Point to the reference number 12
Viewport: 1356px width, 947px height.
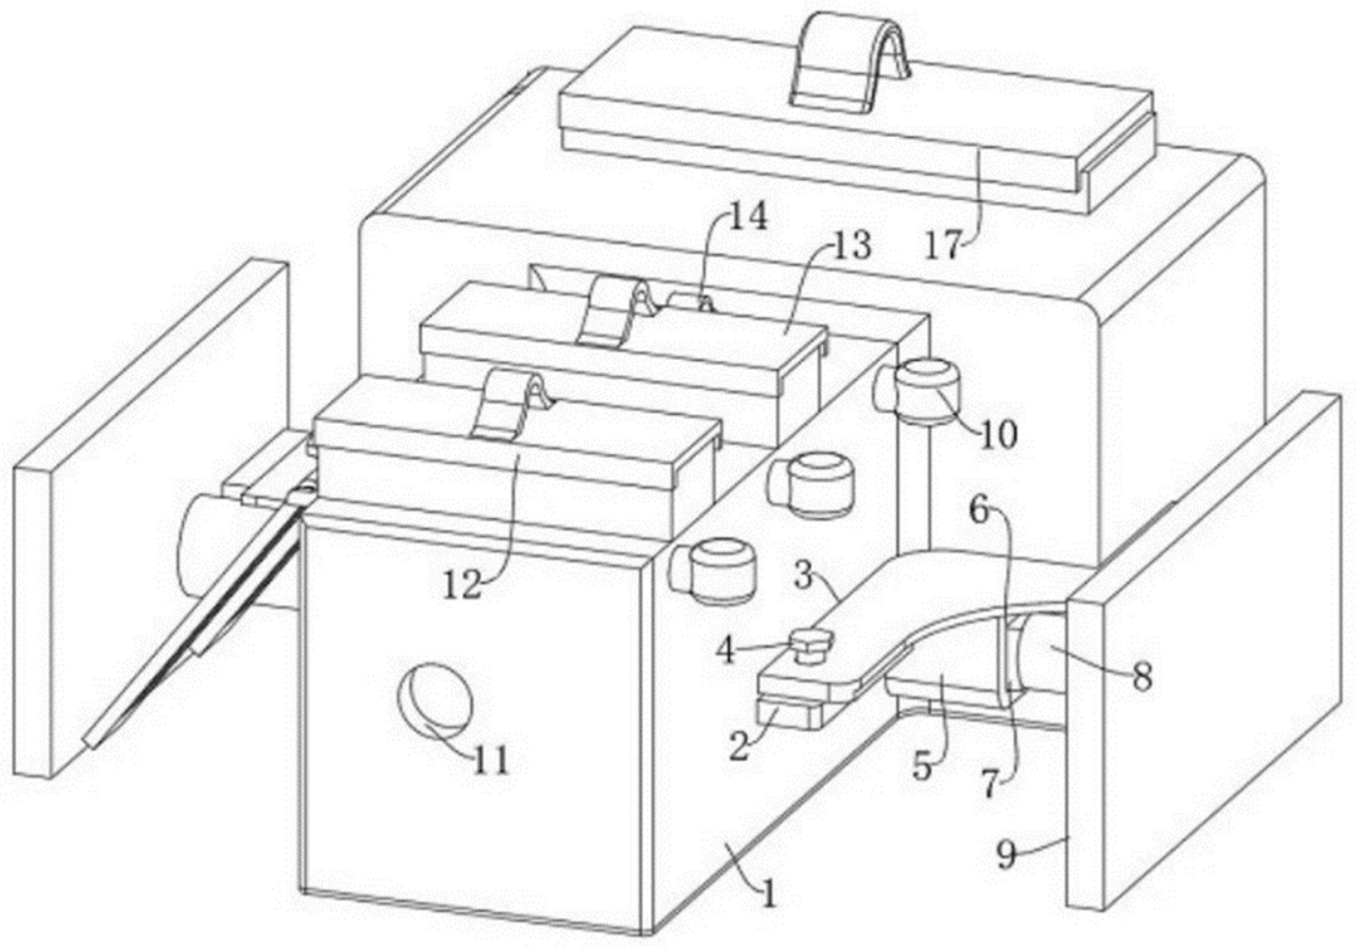pos(463,585)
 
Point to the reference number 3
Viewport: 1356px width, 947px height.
pos(803,576)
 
